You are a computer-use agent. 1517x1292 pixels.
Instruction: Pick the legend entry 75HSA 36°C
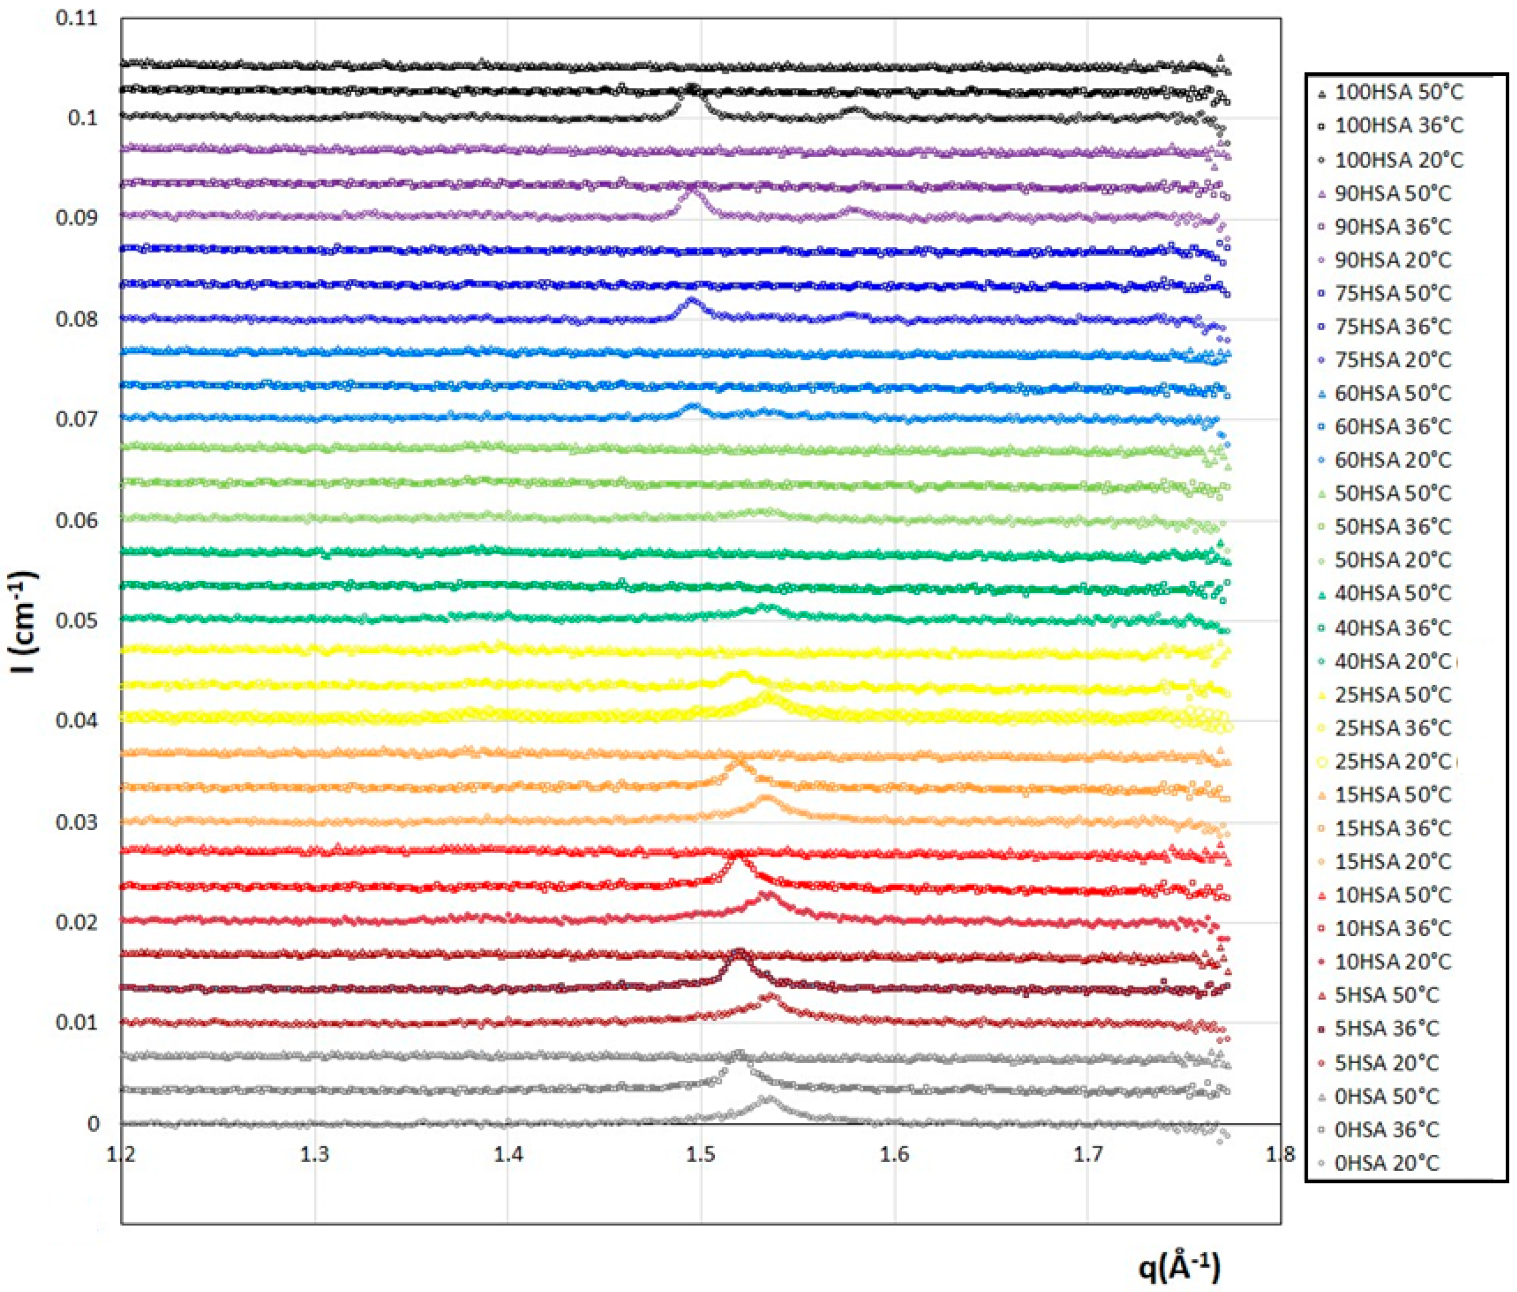(1392, 327)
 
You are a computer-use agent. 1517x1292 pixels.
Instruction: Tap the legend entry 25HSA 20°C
(1392, 762)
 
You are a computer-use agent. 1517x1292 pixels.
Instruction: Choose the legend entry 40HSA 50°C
(1392, 593)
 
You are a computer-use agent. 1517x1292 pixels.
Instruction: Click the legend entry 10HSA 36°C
(1392, 929)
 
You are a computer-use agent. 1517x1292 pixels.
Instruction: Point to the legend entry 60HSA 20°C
(1392, 460)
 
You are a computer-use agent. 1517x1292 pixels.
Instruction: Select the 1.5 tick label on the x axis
(702, 1156)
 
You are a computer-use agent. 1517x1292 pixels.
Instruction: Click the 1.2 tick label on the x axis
(122, 1156)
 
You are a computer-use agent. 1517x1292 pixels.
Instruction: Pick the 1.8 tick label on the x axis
(1280, 1156)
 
